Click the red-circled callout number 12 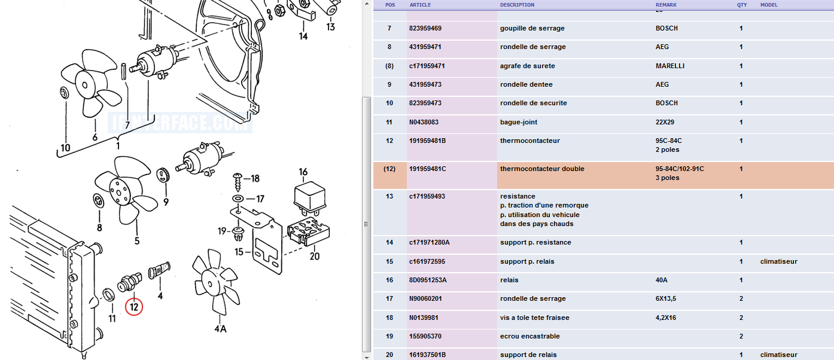pyautogui.click(x=134, y=307)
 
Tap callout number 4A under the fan pyautogui.click(x=220, y=328)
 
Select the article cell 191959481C pyautogui.click(x=428, y=169)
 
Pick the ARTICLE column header pyautogui.click(x=420, y=5)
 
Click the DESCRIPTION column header pyautogui.click(x=518, y=5)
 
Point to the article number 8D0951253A pyautogui.click(x=428, y=280)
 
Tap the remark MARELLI pyautogui.click(x=670, y=66)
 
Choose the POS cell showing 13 pyautogui.click(x=389, y=196)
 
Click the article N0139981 pyautogui.click(x=424, y=318)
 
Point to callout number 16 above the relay pyautogui.click(x=303, y=172)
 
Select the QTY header pyautogui.click(x=742, y=5)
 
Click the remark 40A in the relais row pyautogui.click(x=662, y=280)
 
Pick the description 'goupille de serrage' pyautogui.click(x=532, y=28)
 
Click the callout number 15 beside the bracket pyautogui.click(x=239, y=252)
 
